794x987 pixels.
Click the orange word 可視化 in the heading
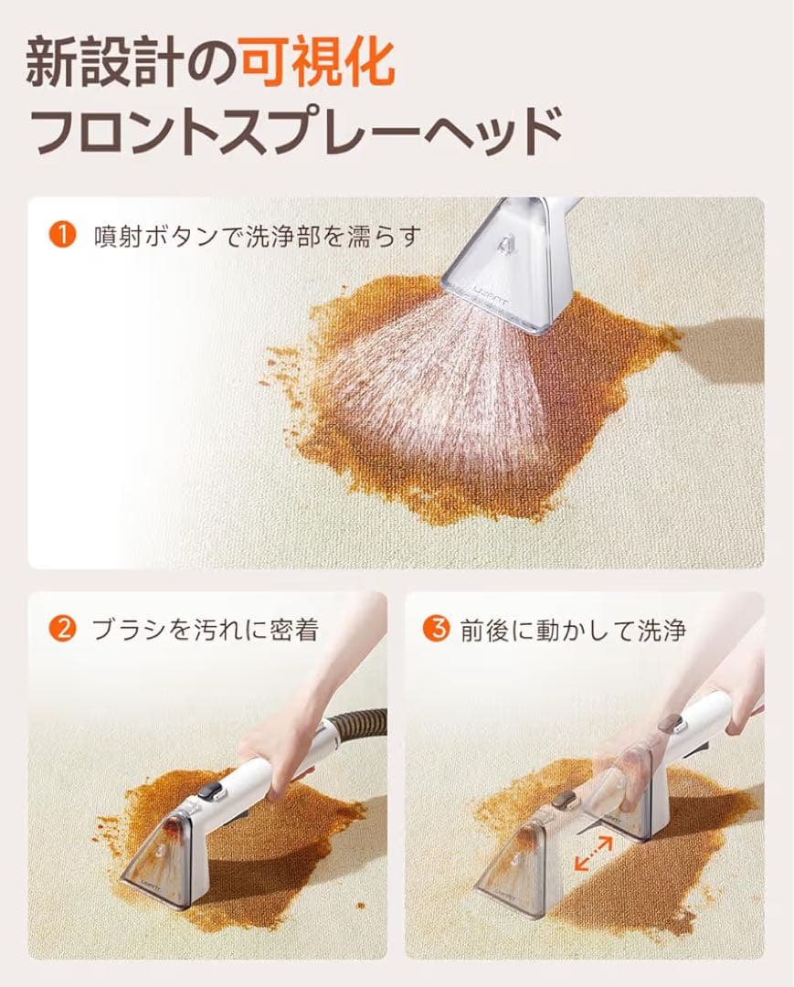pos(318,64)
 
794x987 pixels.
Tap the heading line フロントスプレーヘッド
pos(297,131)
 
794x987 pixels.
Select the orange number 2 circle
pos(62,629)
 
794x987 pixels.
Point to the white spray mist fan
pos(439,384)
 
